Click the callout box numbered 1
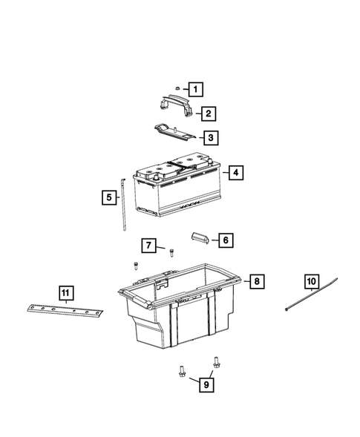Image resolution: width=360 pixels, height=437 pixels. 195,90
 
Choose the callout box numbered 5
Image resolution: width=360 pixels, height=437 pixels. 109,197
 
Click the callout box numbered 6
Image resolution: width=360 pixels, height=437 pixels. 225,240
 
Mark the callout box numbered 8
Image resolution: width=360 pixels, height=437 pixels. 255,281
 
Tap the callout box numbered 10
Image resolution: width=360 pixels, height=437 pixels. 310,281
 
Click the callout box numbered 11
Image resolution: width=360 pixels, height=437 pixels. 66,294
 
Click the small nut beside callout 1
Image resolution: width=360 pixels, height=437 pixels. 177,88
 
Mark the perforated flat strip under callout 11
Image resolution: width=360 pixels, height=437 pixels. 68,312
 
